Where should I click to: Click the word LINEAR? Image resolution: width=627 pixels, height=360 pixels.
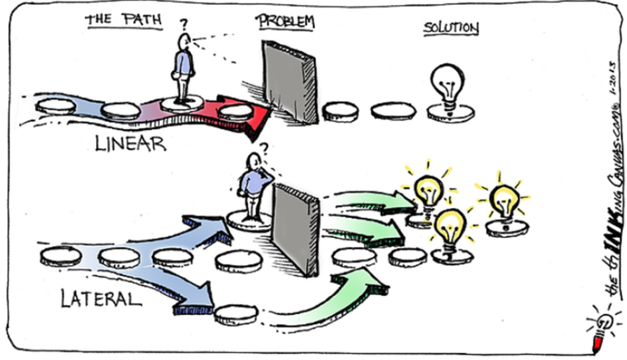(x=130, y=144)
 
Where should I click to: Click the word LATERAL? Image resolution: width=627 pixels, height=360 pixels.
(x=101, y=298)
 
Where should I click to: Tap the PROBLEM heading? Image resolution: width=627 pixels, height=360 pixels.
(x=285, y=21)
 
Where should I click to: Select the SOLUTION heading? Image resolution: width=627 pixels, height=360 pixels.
(x=451, y=28)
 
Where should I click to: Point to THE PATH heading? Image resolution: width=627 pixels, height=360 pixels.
(x=124, y=20)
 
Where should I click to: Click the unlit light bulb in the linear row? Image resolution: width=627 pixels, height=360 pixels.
(x=448, y=86)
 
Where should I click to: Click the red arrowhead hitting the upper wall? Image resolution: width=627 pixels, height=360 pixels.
(x=250, y=116)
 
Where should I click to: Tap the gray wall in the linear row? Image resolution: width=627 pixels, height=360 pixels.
(x=290, y=81)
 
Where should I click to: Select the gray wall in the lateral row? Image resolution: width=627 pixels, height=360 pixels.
(x=296, y=230)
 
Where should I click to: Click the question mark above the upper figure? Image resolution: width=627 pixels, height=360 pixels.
(x=184, y=24)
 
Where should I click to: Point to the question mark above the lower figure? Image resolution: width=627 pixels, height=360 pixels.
(x=264, y=149)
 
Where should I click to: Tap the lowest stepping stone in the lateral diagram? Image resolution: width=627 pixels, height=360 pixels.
(x=236, y=315)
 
